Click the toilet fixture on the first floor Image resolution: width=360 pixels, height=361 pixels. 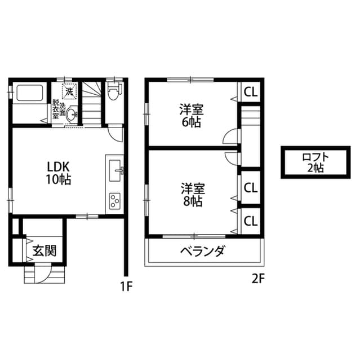point(115,91)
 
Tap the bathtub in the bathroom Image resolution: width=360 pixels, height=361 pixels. point(30,93)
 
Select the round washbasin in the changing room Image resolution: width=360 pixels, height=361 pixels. point(71,113)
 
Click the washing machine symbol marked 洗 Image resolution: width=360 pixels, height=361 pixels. point(69,91)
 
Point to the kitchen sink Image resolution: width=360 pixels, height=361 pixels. point(115,170)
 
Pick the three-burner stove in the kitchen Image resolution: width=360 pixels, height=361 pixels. point(115,201)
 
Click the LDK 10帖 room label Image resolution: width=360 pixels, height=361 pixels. point(59,173)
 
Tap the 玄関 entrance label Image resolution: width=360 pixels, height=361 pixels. point(45,250)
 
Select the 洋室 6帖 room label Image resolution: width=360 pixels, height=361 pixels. point(192,116)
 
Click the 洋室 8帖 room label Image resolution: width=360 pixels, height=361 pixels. point(193,195)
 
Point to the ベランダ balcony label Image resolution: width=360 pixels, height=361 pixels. point(202,251)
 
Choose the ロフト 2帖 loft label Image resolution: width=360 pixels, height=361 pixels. point(315,163)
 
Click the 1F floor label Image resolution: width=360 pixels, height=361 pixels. point(126,287)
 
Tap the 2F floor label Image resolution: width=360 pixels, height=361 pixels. point(259,279)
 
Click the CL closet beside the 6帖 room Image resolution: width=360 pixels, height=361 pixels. point(250,92)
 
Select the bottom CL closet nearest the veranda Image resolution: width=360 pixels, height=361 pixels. point(250,221)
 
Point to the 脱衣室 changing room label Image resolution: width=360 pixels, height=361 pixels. point(55,109)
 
